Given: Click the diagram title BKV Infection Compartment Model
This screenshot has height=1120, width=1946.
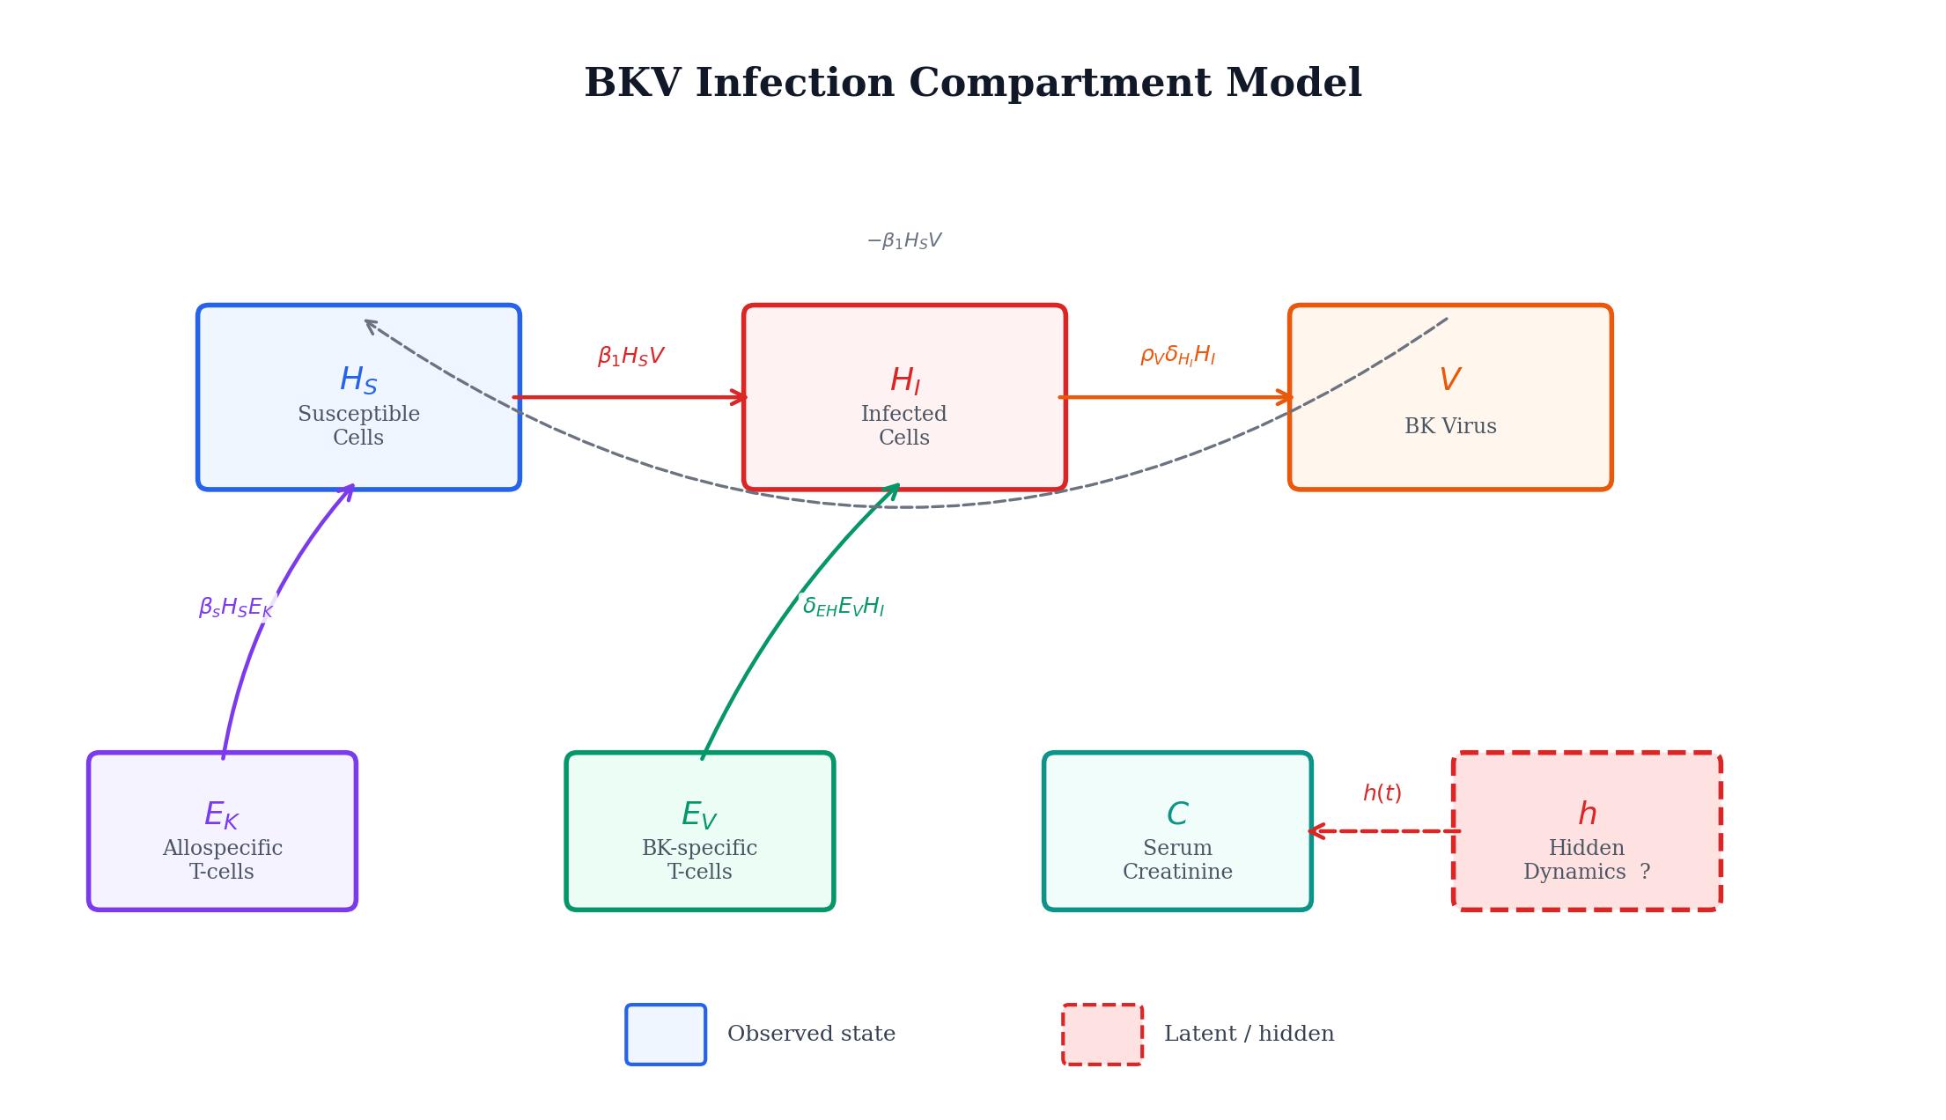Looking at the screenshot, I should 973,84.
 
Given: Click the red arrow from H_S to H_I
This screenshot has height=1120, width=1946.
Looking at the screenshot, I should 630,397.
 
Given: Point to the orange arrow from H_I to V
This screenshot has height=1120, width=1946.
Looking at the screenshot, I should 1176,397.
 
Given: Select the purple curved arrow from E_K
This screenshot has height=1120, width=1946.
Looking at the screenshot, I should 255,643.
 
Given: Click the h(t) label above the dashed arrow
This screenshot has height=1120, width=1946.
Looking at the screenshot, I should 1382,793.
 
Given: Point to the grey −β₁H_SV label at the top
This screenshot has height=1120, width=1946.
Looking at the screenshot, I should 904,240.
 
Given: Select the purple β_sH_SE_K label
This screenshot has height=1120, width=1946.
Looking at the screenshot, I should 235,608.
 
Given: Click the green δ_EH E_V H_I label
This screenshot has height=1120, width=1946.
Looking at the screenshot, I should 843,607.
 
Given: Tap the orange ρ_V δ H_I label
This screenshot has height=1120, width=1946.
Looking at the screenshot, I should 1177,356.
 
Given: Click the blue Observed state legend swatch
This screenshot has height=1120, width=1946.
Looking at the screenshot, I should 666,1035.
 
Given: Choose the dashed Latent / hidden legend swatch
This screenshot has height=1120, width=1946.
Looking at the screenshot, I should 1102,1035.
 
